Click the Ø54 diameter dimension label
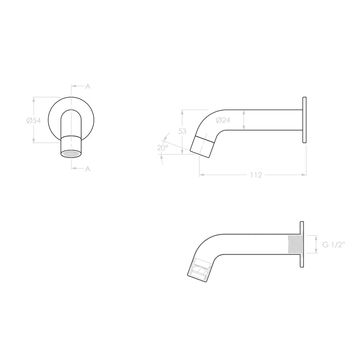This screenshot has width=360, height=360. point(33,121)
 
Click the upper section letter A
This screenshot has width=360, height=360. point(87,86)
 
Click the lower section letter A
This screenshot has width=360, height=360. point(87,169)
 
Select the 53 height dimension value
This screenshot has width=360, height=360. point(182,131)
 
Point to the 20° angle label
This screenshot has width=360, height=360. point(162,148)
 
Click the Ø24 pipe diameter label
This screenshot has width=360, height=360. point(223,121)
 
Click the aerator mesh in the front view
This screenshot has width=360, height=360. point(70,154)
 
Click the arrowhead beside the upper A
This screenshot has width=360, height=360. point(74,86)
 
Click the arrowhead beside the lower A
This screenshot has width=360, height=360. point(74,169)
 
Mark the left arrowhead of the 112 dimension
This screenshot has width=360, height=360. point(201,175)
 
